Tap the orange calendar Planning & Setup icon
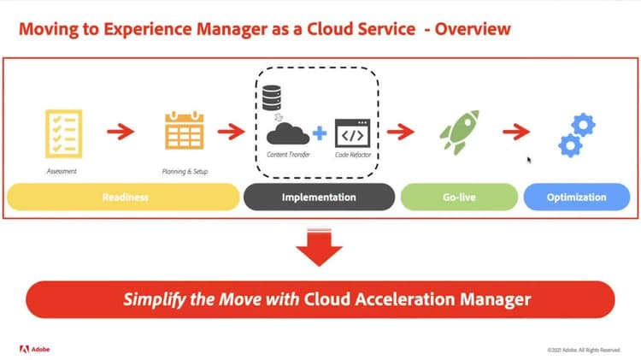(x=185, y=133)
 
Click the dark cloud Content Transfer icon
(x=286, y=133)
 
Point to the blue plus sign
(x=320, y=133)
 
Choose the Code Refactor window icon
(x=351, y=134)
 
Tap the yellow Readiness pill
(x=123, y=198)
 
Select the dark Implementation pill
(x=319, y=198)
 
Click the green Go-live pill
(x=458, y=198)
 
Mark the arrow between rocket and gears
(x=515, y=133)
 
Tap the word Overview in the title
(x=473, y=30)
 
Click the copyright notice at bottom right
(x=584, y=349)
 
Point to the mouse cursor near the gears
(x=530, y=159)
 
